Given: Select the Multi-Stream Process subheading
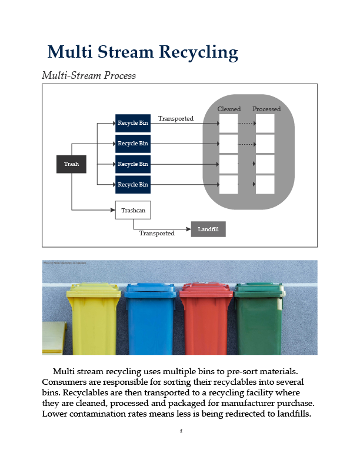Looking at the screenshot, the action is [89, 76].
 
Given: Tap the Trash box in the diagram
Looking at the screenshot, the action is [71, 164].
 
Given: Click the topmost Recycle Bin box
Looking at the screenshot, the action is [132, 123].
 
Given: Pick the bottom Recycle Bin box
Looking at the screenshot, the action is [132, 185].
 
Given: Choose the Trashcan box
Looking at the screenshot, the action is [133, 210].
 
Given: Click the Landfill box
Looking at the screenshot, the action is [208, 229].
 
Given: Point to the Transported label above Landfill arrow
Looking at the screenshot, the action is [156, 234].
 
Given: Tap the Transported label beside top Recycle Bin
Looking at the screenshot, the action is [175, 119].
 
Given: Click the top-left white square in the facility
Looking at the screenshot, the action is [228, 124].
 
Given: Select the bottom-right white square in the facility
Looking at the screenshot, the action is [265, 184].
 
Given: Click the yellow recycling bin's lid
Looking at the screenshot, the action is [94, 290].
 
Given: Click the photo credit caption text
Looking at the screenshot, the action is [65, 263].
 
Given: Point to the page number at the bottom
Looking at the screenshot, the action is [181, 431].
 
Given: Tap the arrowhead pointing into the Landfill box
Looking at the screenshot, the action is [188, 229].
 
